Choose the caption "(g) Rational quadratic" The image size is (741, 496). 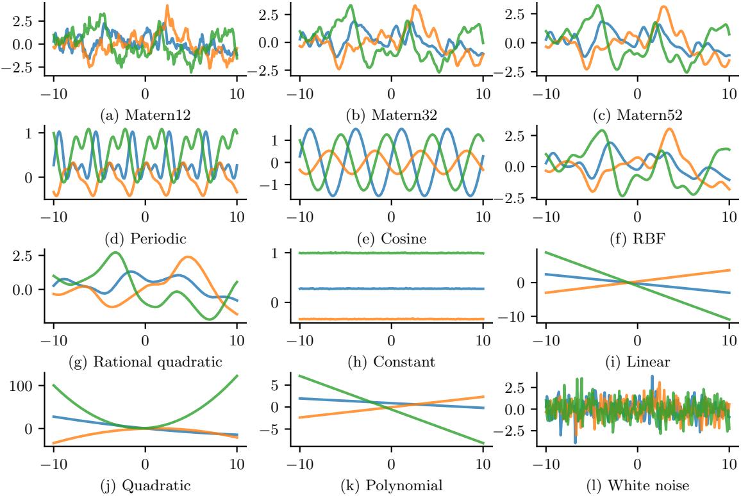click(146, 361)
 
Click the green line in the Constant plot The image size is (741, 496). click(392, 253)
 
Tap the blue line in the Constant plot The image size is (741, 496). click(392, 289)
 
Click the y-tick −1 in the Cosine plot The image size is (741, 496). click(278, 185)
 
